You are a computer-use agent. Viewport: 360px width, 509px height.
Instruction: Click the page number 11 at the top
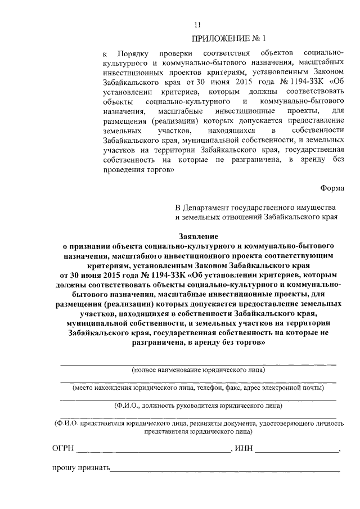pos(197,24)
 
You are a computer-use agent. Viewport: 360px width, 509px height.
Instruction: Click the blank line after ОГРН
pos(153,451)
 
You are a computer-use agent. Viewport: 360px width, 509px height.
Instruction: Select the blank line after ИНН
pos(298,451)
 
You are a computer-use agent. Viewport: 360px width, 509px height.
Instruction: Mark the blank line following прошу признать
pos(225,471)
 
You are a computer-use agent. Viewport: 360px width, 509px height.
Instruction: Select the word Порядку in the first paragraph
pos(133,53)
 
